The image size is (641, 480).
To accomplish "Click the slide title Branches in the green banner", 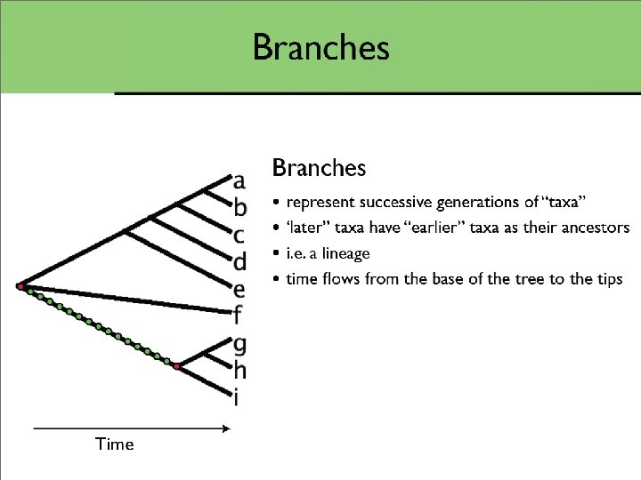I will pyautogui.click(x=320, y=47).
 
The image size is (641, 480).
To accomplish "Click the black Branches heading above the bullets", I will pyautogui.click(x=319, y=167).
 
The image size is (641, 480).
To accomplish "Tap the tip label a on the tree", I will pyautogui.click(x=239, y=182).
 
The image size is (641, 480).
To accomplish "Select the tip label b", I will pyautogui.click(x=239, y=208).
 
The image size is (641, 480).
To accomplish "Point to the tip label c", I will pyautogui.click(x=239, y=236).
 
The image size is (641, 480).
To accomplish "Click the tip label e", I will pyautogui.click(x=239, y=289).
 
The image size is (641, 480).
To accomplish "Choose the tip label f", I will pyautogui.click(x=238, y=314).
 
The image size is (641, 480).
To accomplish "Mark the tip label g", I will pyautogui.click(x=239, y=343).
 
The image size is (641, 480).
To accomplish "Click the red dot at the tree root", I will pyautogui.click(x=20, y=286).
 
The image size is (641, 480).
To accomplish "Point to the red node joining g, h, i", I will pyautogui.click(x=177, y=366).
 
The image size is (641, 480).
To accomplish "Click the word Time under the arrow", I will pyautogui.click(x=114, y=444).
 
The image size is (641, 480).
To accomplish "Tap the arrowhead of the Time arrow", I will pyautogui.click(x=226, y=429).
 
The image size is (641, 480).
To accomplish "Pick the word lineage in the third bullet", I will pyautogui.click(x=345, y=254).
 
